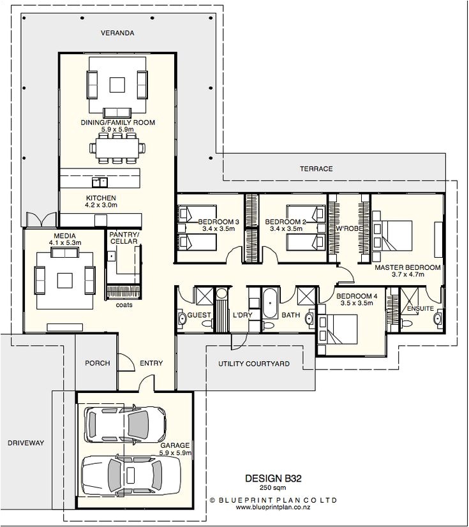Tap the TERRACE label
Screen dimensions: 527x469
316,169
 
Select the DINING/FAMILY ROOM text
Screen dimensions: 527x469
117,122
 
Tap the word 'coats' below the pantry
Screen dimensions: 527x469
124,304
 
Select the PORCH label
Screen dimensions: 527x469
98,363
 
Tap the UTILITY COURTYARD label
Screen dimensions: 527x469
254,364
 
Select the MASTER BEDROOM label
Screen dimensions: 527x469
407,267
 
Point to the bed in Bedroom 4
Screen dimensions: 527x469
338,329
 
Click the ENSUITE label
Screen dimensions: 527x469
421,308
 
